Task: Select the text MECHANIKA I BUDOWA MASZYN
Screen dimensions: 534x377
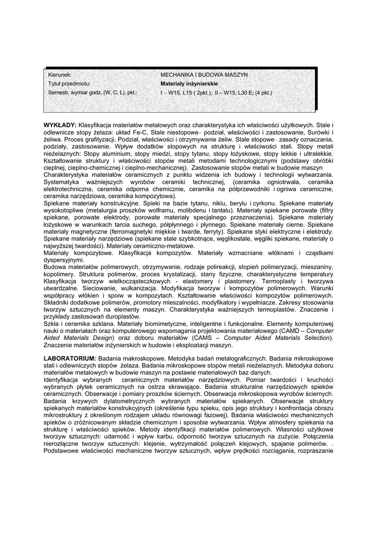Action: (204, 75)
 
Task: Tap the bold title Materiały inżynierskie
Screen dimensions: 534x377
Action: (189, 83)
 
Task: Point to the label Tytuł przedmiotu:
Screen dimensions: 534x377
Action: (69, 83)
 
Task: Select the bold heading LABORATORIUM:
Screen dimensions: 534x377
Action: (69, 359)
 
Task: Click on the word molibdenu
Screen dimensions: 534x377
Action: (198, 209)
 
